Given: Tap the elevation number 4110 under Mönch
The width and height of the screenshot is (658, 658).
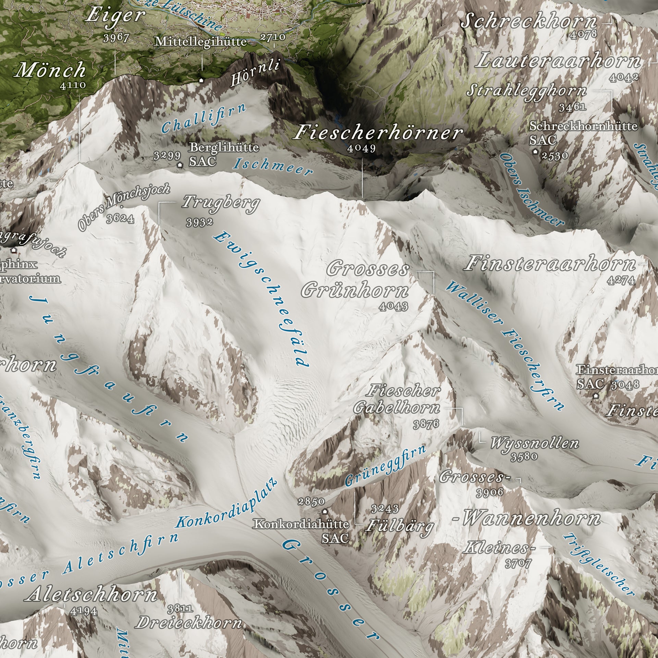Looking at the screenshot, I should [x=73, y=85].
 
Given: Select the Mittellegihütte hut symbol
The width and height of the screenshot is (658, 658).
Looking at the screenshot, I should [x=202, y=81].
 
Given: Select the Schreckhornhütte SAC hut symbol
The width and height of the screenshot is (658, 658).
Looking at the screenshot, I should [x=535, y=151].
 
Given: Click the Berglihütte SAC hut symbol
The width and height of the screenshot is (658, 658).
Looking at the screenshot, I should [x=180, y=165].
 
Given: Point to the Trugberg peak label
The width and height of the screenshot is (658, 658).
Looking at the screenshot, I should [x=221, y=203].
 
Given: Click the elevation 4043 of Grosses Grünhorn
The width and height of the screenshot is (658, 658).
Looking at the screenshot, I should [x=394, y=306].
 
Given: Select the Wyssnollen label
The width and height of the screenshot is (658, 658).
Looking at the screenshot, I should [x=534, y=443].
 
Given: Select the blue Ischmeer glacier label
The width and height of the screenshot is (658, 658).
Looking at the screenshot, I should [x=273, y=167].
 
